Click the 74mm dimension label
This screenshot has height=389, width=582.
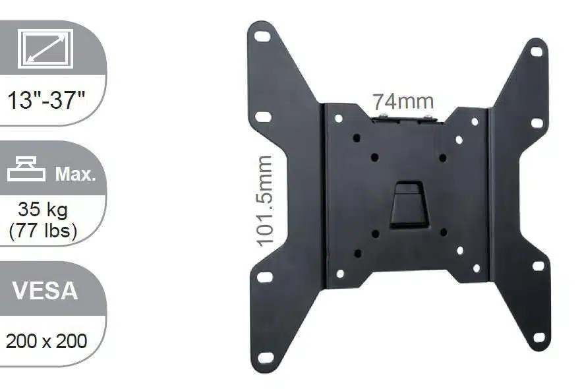click(x=403, y=102)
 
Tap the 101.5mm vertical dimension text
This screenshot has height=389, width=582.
click(x=264, y=201)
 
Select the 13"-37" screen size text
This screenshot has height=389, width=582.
click(x=46, y=101)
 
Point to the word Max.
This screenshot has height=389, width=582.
click(x=75, y=175)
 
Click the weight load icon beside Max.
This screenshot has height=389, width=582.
click(x=27, y=171)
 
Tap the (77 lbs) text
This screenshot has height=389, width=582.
click(x=43, y=231)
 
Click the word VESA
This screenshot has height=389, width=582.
click(x=45, y=291)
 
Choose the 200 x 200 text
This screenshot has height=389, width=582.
click(x=46, y=342)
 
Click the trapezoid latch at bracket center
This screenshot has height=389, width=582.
click(x=408, y=205)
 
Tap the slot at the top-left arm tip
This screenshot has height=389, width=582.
click(x=262, y=36)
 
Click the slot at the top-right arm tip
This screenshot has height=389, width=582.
click(x=537, y=51)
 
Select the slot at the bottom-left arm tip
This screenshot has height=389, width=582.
click(x=265, y=357)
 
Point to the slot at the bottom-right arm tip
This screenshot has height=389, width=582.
click(x=538, y=337)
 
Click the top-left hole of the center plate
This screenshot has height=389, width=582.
click(x=339, y=119)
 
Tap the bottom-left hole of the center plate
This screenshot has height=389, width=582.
click(x=340, y=273)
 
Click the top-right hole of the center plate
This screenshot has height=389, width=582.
click(x=475, y=121)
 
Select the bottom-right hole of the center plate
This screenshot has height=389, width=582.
click(x=476, y=268)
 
